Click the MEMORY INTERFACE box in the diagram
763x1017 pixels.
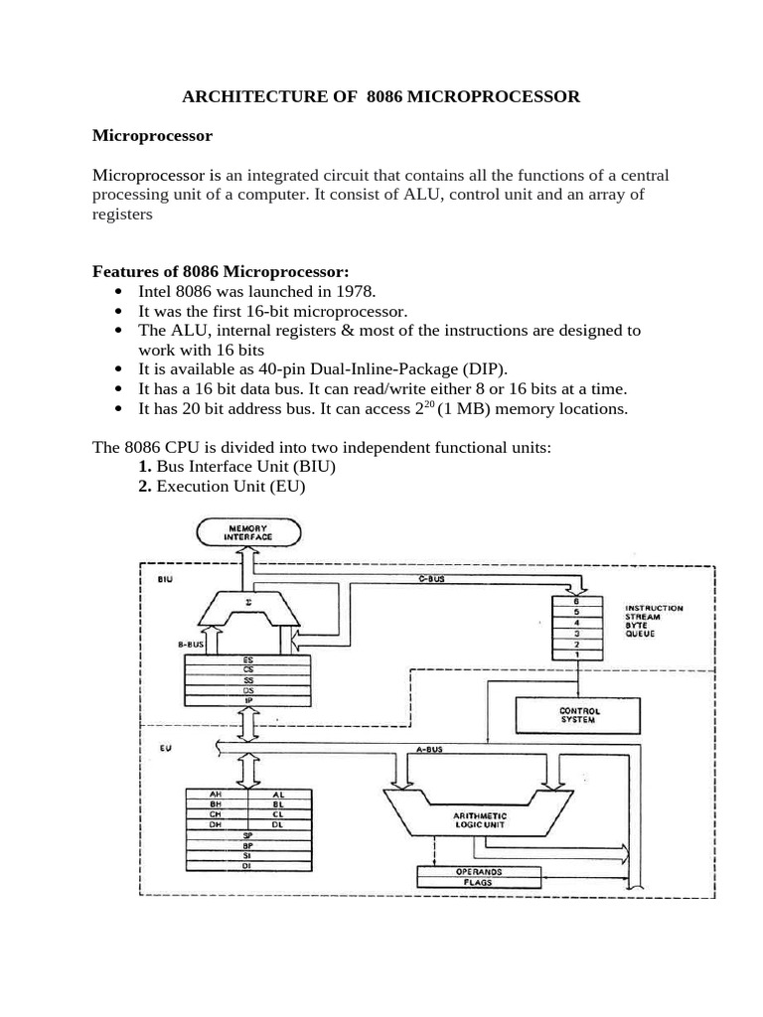pos(249,533)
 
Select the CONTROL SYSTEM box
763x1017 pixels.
pos(579,714)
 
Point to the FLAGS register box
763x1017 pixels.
pos(479,881)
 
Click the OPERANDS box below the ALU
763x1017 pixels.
pos(479,870)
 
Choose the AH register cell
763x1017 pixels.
pos(216,795)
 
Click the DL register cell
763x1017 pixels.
pos(278,824)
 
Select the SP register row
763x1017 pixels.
pos(247,835)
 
